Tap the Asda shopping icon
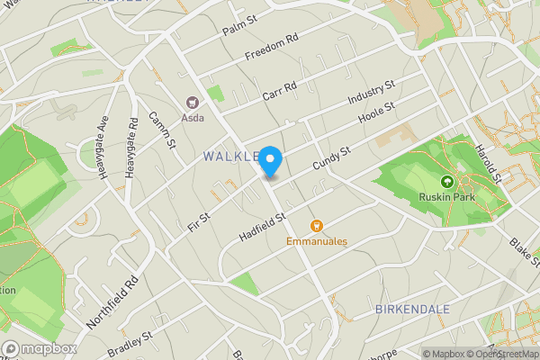point(192,103)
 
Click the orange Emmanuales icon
point(316,226)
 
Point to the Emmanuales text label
point(317,241)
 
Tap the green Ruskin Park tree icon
point(447,181)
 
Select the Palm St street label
point(239,24)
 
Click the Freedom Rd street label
point(271,48)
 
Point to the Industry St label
point(372,94)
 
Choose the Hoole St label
point(377,116)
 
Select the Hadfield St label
point(262,226)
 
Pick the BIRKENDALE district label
point(411,309)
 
